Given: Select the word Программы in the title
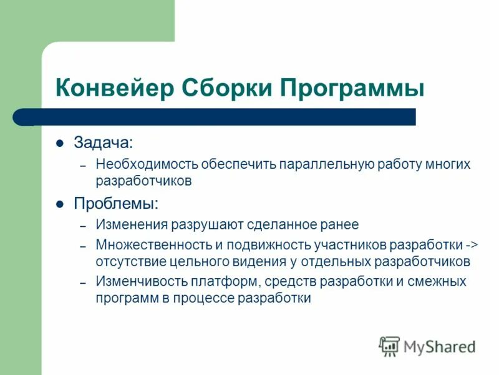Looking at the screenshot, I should (352, 88).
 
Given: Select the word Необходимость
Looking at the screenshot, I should (147, 164).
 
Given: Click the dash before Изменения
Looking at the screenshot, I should (82, 225).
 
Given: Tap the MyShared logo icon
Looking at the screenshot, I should (389, 346).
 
